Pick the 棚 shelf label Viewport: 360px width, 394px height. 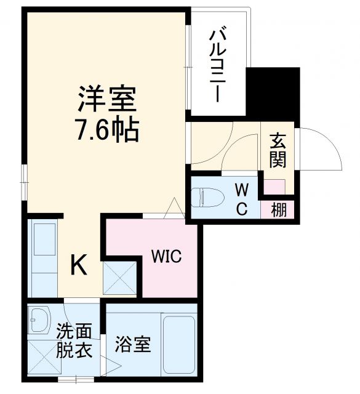click(x=278, y=210)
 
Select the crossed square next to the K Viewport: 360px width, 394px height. click(x=119, y=276)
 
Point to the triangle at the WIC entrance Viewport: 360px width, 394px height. click(x=174, y=208)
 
